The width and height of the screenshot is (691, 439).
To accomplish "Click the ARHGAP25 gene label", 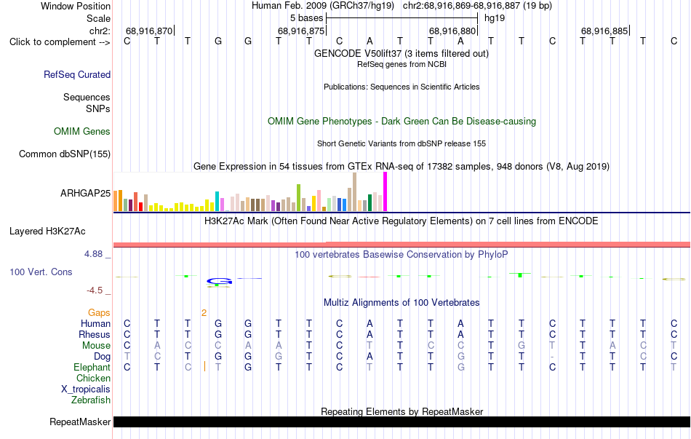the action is point(85,193).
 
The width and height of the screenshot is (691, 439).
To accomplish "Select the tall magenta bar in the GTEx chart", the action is point(386,191).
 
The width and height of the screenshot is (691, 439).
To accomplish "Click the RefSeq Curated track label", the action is point(76,74).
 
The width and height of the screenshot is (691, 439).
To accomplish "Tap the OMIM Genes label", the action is point(81,132).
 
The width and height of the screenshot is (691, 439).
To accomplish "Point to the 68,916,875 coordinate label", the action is point(301,31).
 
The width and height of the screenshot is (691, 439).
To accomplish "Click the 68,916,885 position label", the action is point(604,31).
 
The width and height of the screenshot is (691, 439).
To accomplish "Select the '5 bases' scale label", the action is point(306,18).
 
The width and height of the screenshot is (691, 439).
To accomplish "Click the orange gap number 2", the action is point(204,313).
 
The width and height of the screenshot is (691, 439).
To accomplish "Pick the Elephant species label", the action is point(92,368).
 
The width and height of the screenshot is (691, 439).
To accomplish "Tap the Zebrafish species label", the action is point(91,400).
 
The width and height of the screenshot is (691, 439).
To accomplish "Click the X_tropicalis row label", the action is point(86,389).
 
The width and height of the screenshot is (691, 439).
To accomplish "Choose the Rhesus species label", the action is point(95,334).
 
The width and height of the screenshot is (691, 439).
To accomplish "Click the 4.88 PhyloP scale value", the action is point(93,254).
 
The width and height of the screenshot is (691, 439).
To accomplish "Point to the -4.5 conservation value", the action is point(95,290).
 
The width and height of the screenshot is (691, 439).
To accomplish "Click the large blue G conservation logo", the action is point(220,281).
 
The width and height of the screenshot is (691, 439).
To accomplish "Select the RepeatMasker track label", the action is point(80,422).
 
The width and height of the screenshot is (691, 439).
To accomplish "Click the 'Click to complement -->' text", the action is point(60,42).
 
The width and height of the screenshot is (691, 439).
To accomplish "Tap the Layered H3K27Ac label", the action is point(47,232).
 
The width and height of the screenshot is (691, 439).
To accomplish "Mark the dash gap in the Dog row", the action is point(552,357).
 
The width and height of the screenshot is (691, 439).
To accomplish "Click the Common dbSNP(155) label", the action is point(64,154).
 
